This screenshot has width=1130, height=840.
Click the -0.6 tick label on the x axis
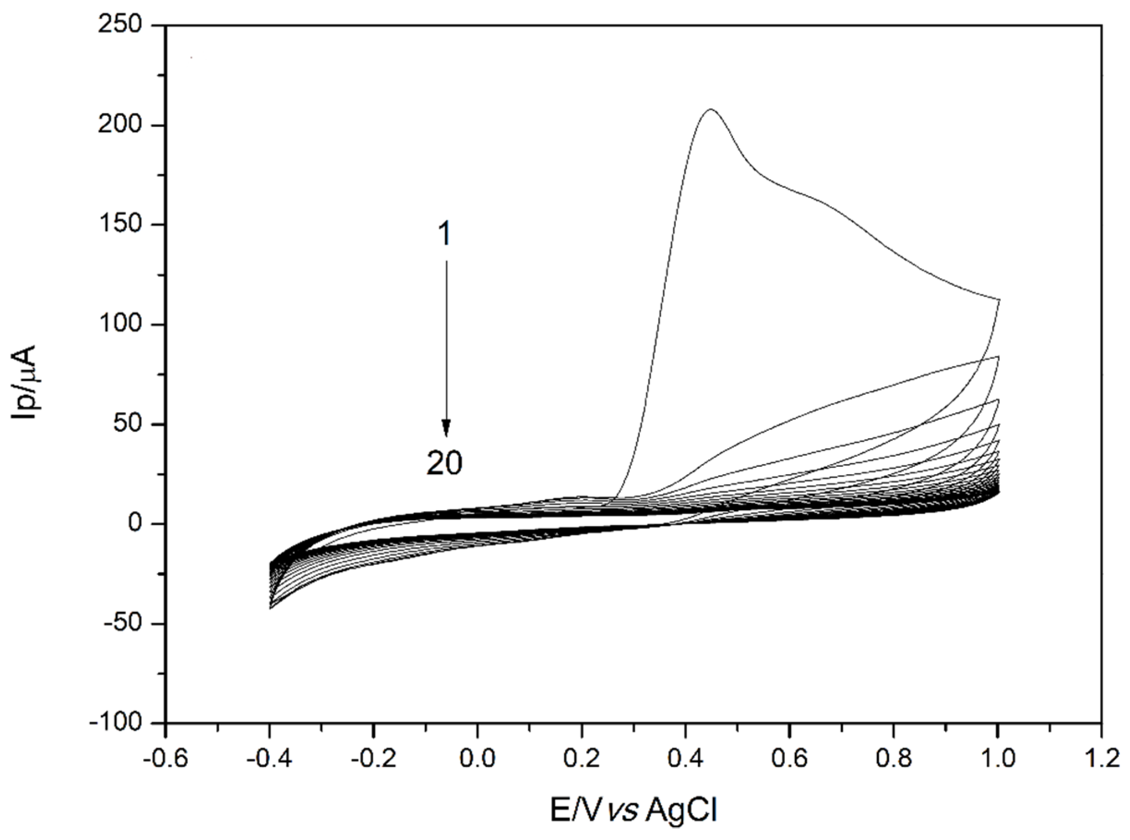pos(165,759)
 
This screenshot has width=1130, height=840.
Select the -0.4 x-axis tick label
pos(269,759)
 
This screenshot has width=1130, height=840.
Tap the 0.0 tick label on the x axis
pos(477,759)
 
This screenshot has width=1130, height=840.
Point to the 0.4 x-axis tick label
pos(686,759)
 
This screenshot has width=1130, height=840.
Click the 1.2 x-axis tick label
pos(1101,759)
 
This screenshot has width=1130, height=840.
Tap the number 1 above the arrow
pos(444,234)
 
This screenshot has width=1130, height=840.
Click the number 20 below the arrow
pos(444,463)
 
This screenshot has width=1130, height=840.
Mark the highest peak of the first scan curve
pos(711,109)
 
